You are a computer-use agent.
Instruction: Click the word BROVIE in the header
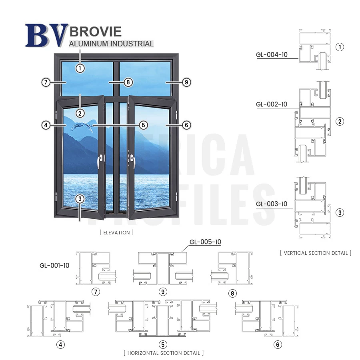coord(96,32)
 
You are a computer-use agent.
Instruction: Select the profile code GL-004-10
coord(272,55)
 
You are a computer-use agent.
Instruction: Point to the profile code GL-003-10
coord(271,204)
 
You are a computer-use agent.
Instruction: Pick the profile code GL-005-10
coord(205,242)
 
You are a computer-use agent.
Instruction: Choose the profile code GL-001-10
coord(54,266)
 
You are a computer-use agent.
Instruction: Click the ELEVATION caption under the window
coord(117,232)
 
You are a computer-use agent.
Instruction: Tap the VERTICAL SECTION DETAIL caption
coord(316,253)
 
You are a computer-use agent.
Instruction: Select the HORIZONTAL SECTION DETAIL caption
coord(164,353)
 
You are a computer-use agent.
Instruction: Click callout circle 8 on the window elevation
coord(128,82)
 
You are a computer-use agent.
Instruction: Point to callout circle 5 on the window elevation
coord(144,125)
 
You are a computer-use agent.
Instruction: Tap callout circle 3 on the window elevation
coord(80,199)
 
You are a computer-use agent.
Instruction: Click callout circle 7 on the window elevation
coord(46,82)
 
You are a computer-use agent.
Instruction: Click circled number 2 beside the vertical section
coord(340,122)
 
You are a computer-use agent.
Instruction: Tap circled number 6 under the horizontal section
coord(278,344)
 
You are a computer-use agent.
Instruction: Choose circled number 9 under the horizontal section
coord(163,292)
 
